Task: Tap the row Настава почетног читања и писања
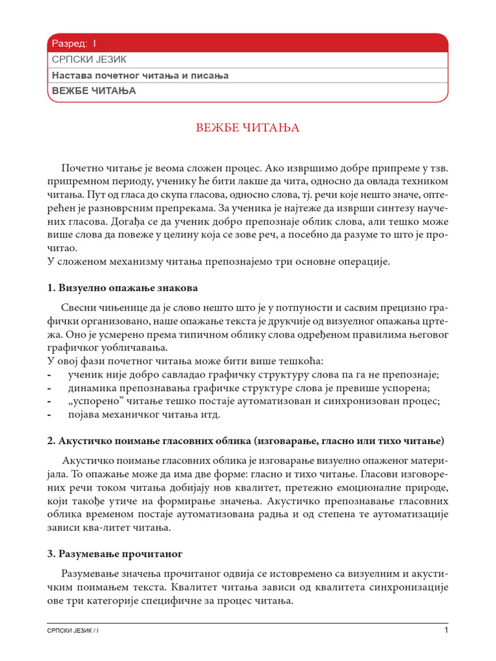tap(140, 76)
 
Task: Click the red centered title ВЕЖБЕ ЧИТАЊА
tap(247, 128)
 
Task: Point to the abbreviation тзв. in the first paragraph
tap(437, 168)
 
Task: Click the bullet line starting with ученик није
tap(253, 375)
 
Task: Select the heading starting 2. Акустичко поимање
tap(245, 440)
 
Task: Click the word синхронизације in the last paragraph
tap(410, 587)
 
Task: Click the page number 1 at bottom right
tap(445, 630)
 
